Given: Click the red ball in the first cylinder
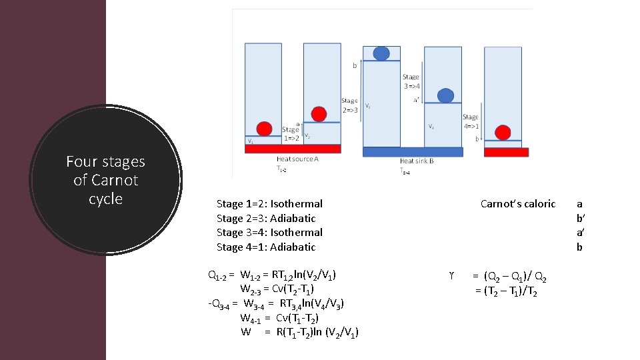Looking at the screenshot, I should point(265,128).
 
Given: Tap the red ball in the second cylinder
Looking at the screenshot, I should point(319,114).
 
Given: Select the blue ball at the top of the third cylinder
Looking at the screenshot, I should point(381,53).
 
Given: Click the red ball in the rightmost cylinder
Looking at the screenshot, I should point(503,132).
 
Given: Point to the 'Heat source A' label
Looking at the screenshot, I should point(297,160).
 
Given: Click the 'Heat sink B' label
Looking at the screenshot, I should point(417,161).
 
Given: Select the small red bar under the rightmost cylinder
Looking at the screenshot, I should point(505,152).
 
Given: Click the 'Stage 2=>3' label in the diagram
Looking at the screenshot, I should point(349,105).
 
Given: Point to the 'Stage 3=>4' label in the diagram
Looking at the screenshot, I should point(411,81).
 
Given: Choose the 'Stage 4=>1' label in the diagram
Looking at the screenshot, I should point(470,121).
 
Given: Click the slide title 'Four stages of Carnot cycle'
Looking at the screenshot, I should point(105,180).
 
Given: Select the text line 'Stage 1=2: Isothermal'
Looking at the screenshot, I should point(269,204).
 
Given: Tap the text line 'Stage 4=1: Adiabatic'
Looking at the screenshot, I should point(266,247).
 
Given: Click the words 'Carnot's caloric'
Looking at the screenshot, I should point(517,204).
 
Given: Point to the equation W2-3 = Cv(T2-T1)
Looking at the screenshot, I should point(277,289).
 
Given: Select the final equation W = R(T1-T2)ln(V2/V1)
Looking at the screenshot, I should point(299,332).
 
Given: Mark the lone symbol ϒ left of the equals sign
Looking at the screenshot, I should point(452,275).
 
